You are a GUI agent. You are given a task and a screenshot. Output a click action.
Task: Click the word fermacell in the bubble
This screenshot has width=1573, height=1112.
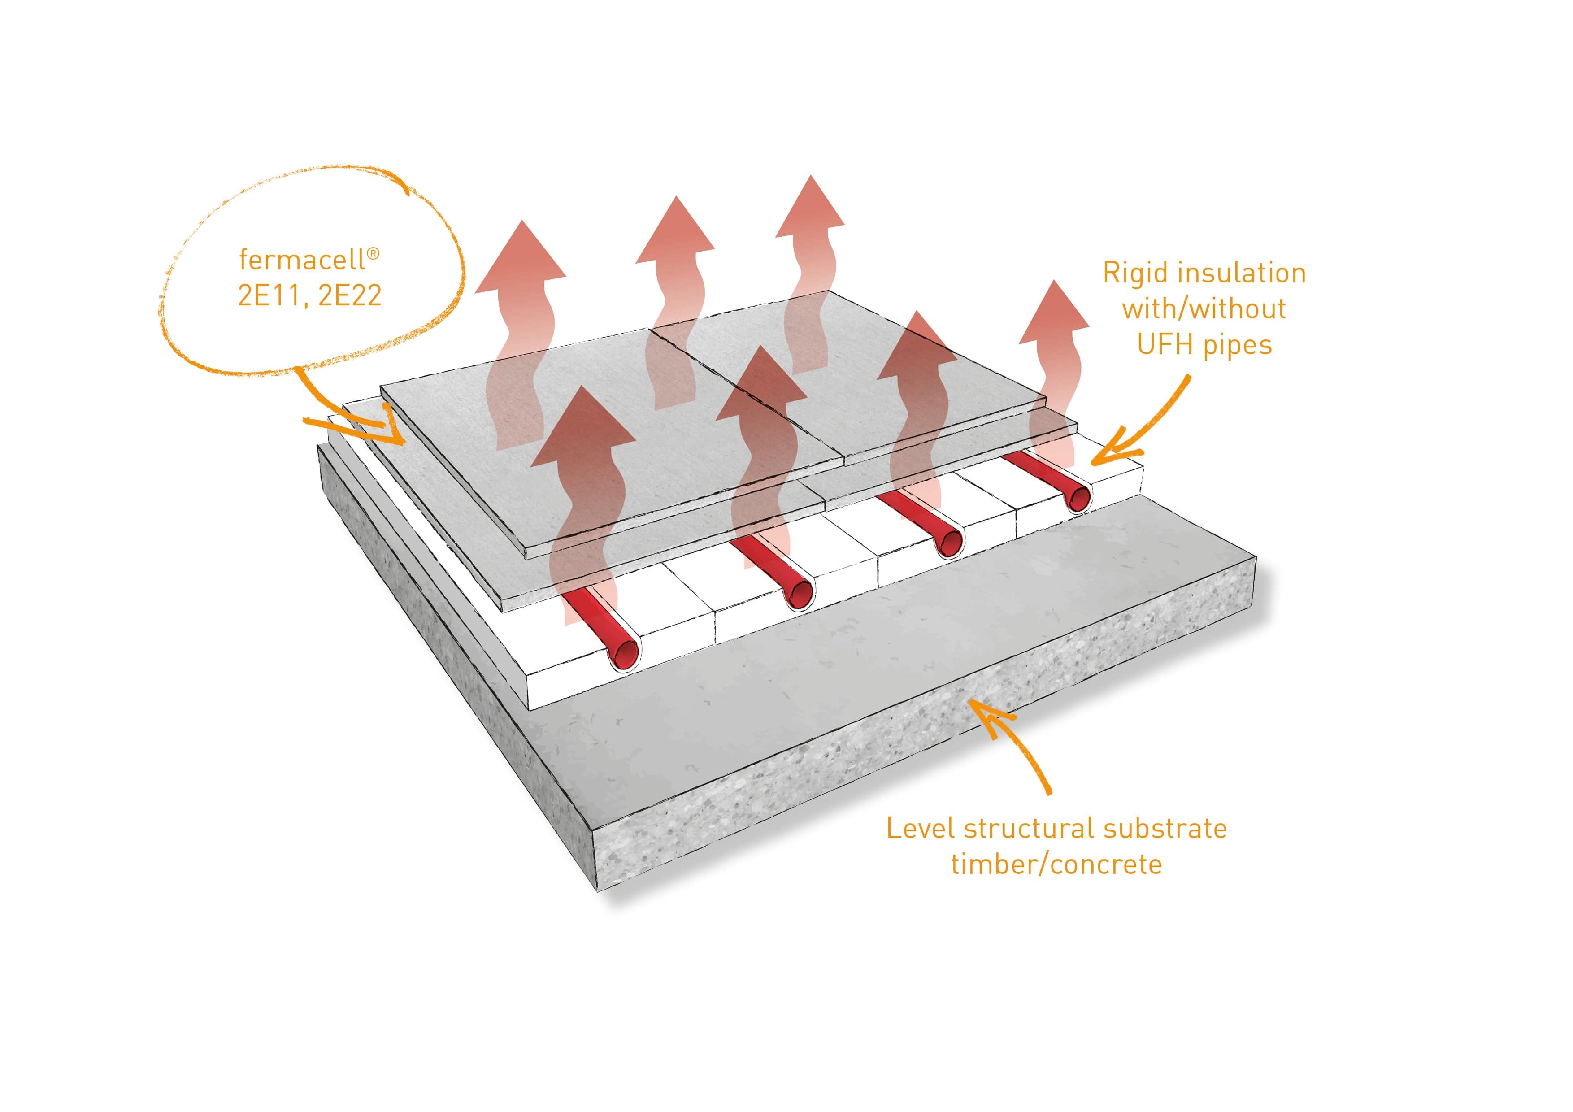click(x=301, y=261)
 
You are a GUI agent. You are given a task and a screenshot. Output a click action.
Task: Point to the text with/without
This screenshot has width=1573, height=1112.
click(x=1204, y=309)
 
